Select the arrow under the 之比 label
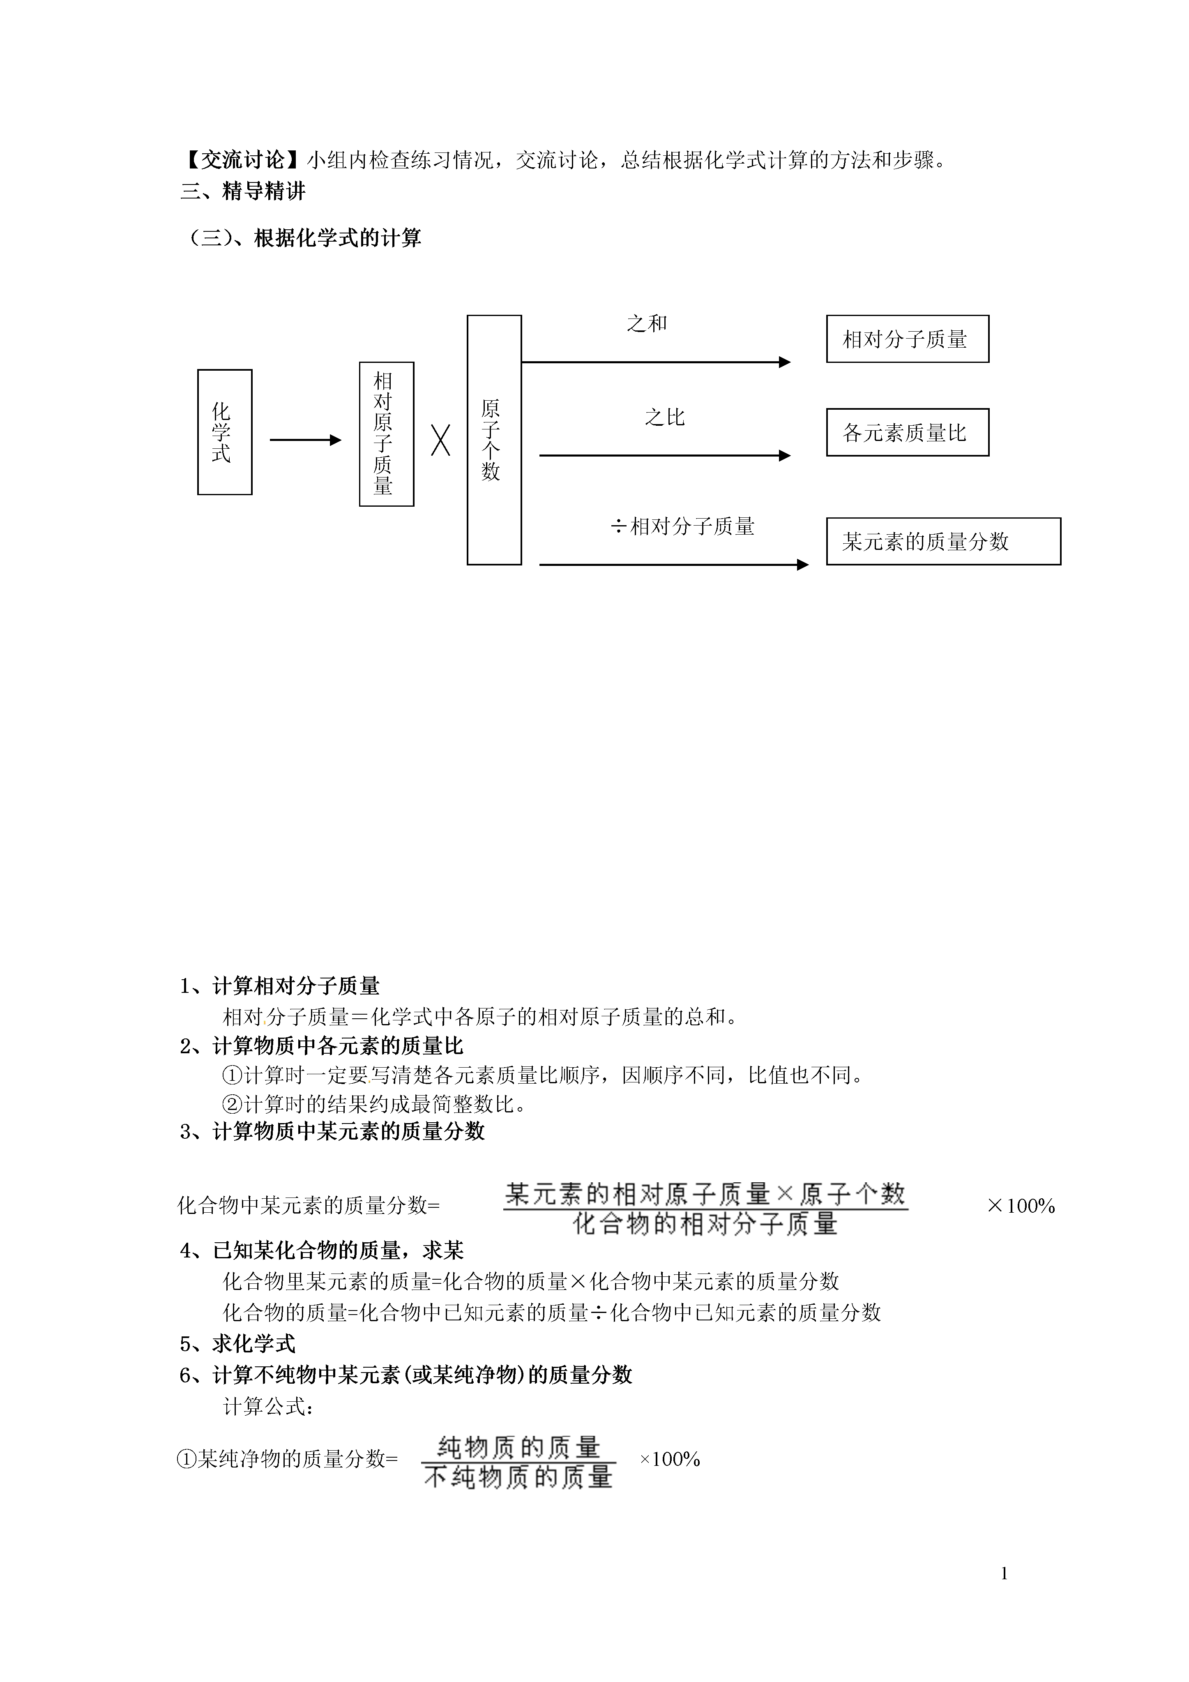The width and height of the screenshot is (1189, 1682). pos(665,456)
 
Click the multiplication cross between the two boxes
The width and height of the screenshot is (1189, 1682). pos(440,440)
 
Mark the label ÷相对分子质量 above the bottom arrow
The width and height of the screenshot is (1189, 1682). pos(683,526)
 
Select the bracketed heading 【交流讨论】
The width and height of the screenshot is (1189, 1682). pos(242,160)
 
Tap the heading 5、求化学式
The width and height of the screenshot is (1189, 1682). pos(237,1343)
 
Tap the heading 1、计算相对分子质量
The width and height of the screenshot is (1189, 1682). pos(280,986)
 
